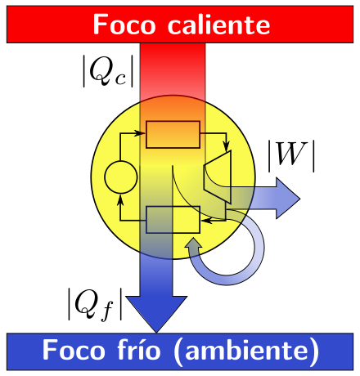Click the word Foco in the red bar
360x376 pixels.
[x=124, y=25]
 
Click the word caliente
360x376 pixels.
[x=218, y=25]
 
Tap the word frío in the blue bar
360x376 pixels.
[x=142, y=350]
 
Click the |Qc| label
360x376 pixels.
[x=108, y=71]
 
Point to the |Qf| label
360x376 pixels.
[x=95, y=304]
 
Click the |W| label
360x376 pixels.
[x=291, y=156]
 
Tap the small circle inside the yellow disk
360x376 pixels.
[x=121, y=177]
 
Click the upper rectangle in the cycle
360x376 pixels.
[x=173, y=135]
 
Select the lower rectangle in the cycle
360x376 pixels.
[x=173, y=220]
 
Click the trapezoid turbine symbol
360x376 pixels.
[x=218, y=177]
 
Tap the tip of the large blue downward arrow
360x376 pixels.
[x=156, y=333]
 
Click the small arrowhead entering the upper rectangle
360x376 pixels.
[x=141, y=133]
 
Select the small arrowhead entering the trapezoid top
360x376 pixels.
[x=227, y=146]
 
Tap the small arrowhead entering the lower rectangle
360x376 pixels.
[x=206, y=221]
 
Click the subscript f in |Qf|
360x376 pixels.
[x=107, y=311]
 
